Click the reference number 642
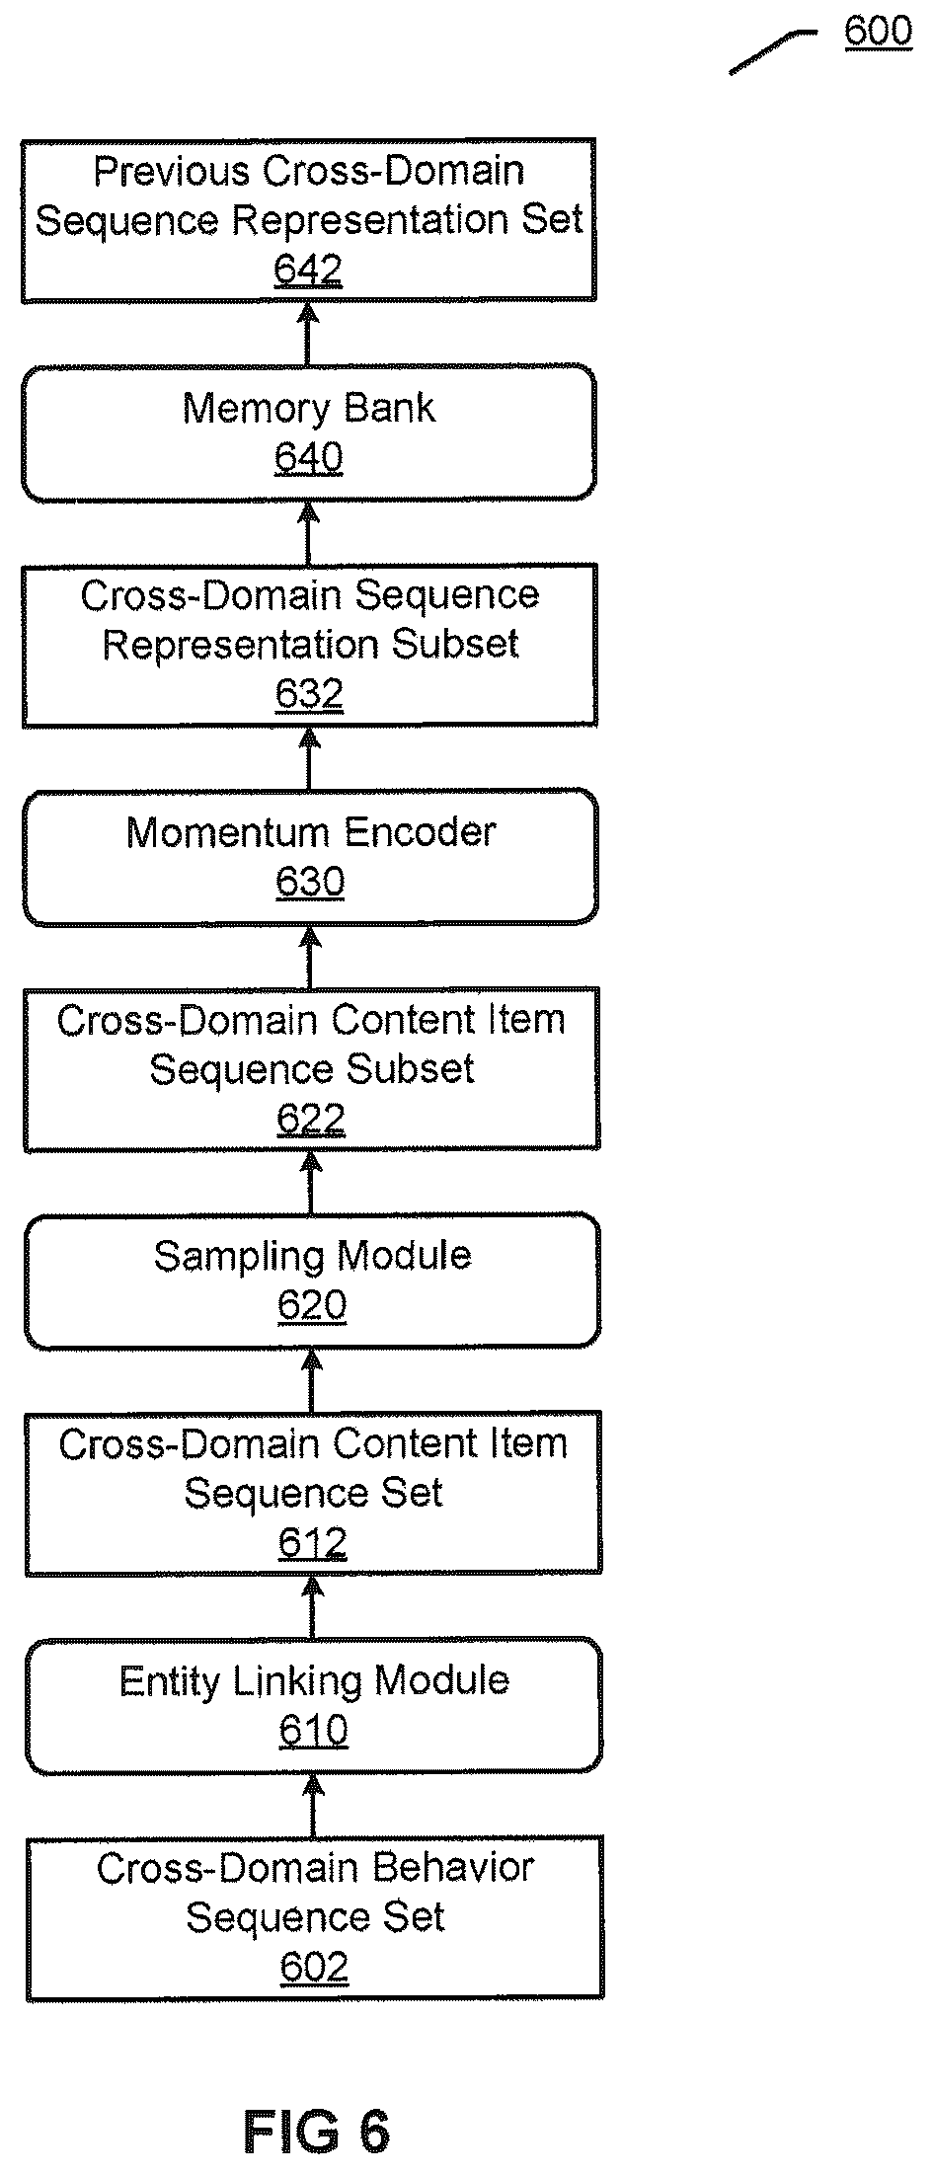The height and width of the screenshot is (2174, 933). point(308,270)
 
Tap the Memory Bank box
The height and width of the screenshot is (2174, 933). point(309,433)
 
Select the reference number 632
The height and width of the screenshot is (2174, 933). point(309,694)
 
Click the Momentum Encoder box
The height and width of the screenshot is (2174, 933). point(310,857)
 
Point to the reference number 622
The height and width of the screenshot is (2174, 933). point(311,1119)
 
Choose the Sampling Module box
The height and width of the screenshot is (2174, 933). point(312,1281)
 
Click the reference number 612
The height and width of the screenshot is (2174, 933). point(313,1543)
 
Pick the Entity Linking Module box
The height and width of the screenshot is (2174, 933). point(313,1705)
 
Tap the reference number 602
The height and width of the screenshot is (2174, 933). point(314,1968)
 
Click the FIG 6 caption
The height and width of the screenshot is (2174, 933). point(317,2132)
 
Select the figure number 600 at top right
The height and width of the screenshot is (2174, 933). point(878,31)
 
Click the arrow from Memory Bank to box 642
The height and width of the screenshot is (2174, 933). point(308,334)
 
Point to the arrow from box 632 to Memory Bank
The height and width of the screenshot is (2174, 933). point(309,533)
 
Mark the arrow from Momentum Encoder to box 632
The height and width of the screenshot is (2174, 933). point(310,758)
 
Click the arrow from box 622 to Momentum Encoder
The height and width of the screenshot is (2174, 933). point(310,957)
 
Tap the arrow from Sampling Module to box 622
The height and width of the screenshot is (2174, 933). point(311,1183)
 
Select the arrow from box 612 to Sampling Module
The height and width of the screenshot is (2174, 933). point(312,1380)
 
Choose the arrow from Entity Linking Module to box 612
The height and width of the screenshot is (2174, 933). point(313,1607)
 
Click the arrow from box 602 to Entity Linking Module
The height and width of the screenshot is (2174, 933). point(314,1806)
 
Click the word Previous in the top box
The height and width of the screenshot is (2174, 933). point(172,172)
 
